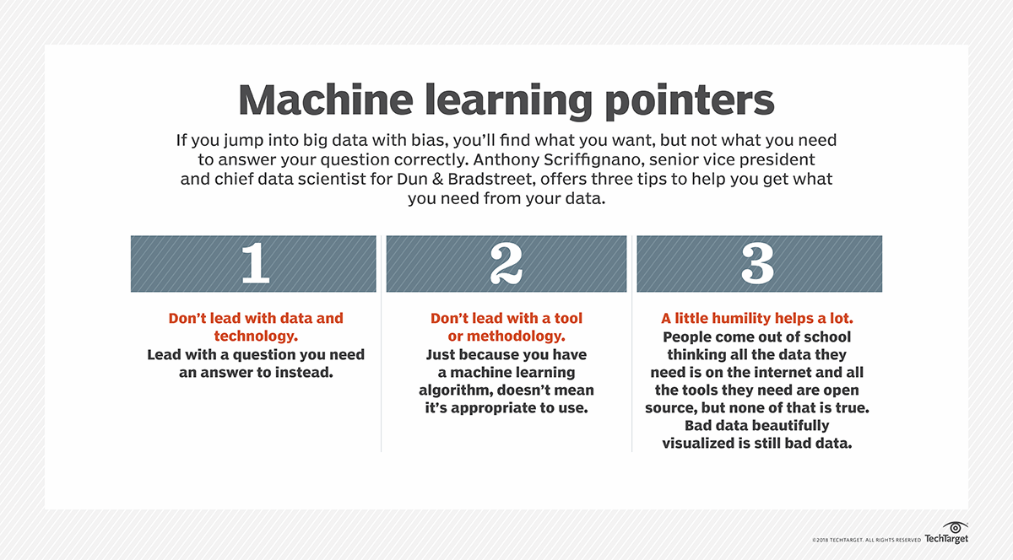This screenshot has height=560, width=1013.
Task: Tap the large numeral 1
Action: click(254, 264)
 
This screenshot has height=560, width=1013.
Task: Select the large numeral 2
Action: click(506, 264)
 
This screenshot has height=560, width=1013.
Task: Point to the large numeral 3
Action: click(757, 264)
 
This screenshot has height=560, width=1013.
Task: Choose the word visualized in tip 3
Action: click(707, 443)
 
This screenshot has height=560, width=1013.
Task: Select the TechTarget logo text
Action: click(945, 539)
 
